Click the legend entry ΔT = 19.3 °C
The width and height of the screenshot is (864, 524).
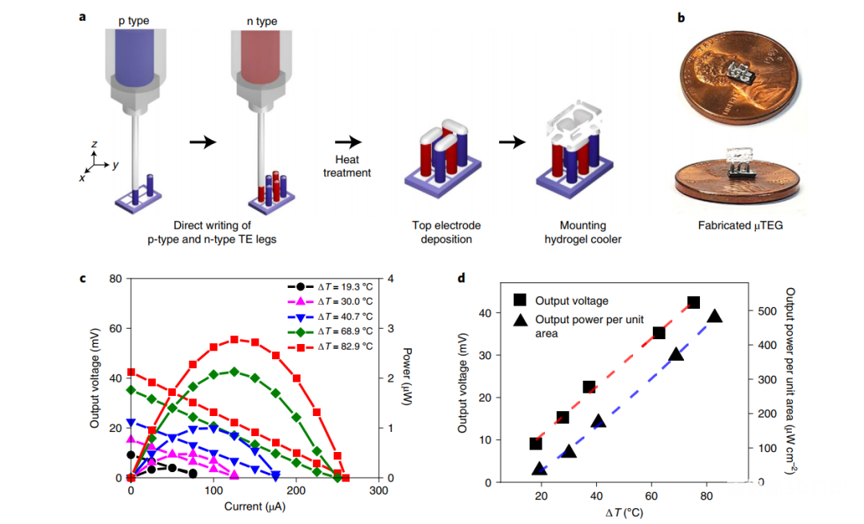coord(342,286)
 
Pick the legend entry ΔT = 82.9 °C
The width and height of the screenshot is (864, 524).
coord(342,346)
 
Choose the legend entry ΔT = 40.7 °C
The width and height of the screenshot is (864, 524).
coord(342,316)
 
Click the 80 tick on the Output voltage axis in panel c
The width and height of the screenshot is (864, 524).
coord(114,279)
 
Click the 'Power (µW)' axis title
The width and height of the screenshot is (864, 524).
coord(407,378)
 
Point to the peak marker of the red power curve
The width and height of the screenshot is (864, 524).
coord(234,339)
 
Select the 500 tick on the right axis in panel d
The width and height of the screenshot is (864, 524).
coord(763,311)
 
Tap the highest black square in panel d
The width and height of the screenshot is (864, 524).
coord(694,302)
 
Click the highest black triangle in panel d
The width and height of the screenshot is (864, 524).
coord(714,316)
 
